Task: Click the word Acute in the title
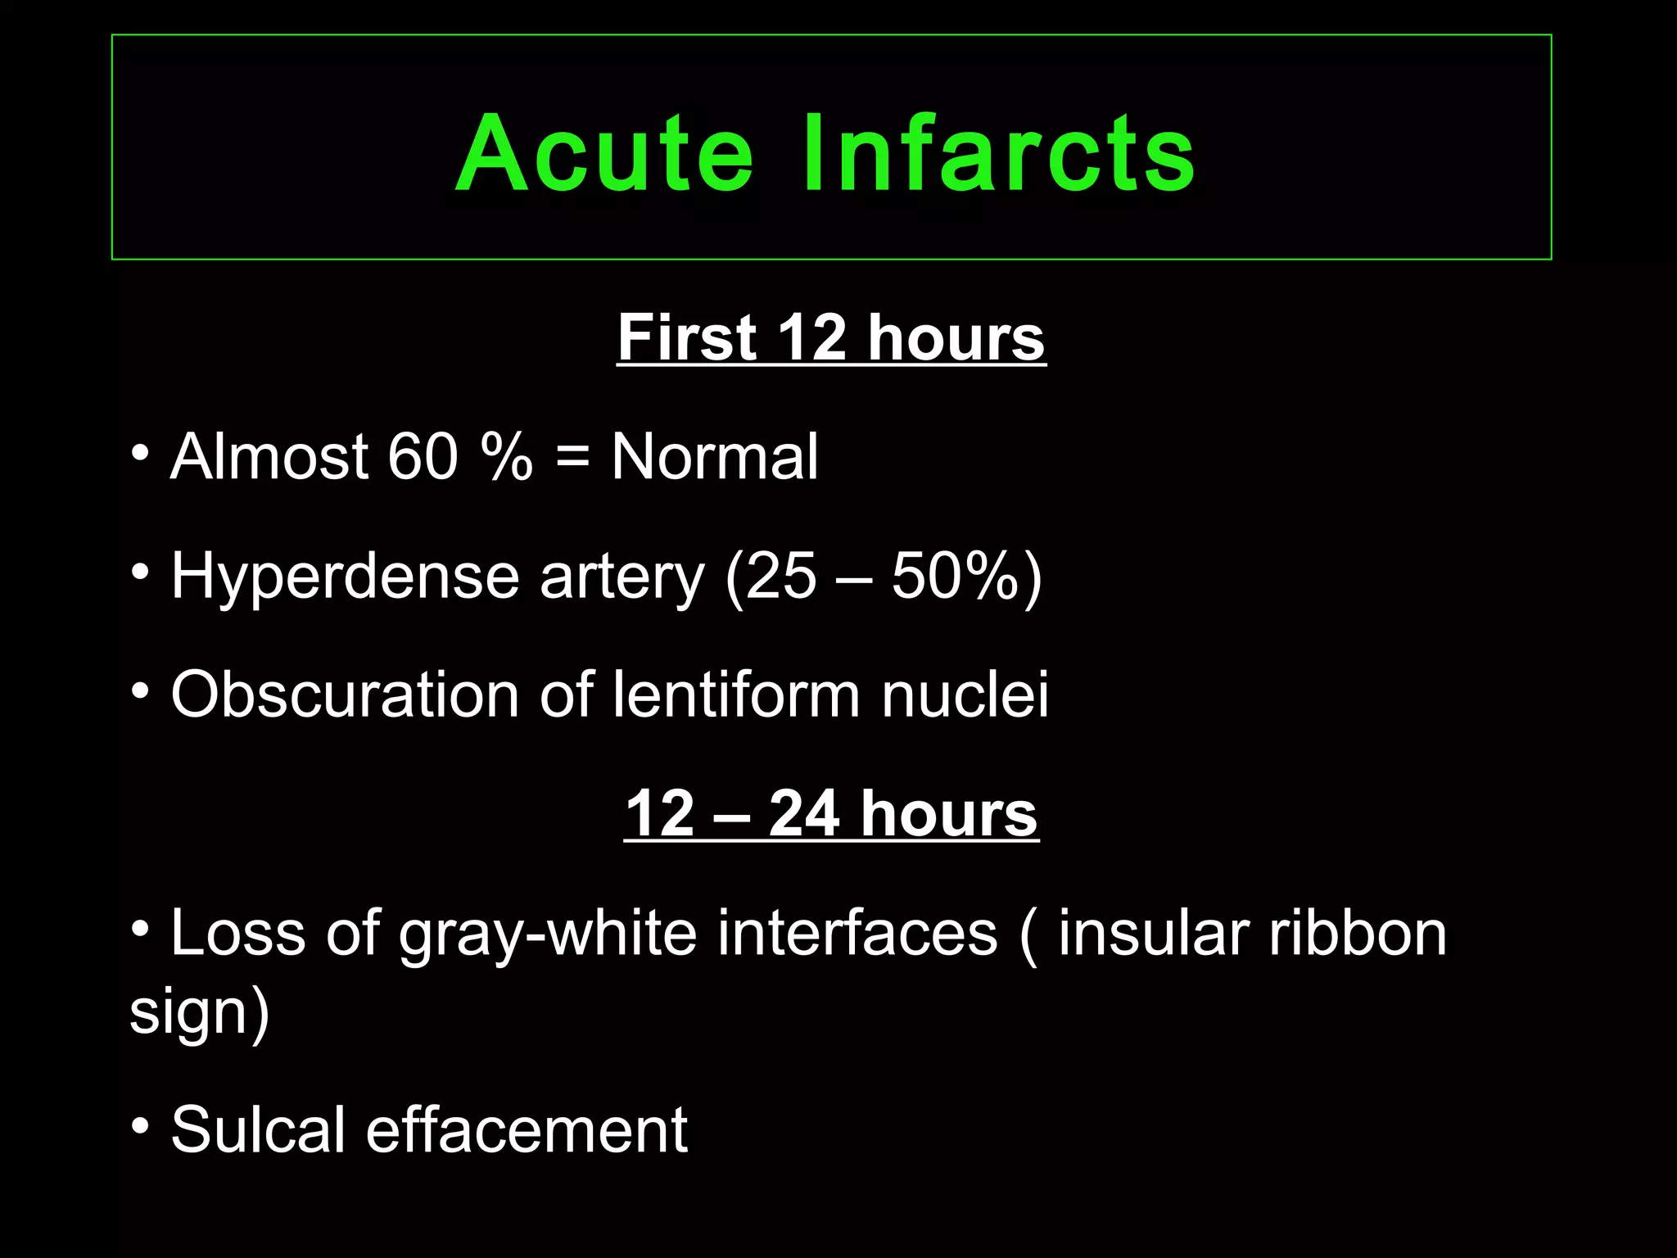(x=604, y=153)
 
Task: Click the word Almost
(x=269, y=456)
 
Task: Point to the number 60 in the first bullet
(x=423, y=456)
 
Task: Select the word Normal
(x=714, y=456)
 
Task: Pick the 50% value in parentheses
(x=955, y=576)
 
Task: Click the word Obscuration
(x=345, y=695)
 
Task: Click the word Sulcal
(x=257, y=1129)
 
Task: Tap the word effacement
(x=526, y=1129)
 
